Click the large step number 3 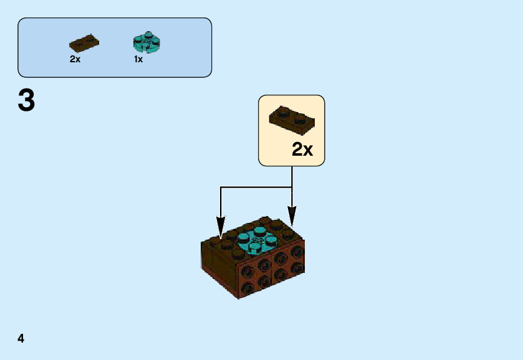coord(26,101)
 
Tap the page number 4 coord(21,338)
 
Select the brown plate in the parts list coord(84,44)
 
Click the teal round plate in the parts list coord(146,42)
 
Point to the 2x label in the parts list coord(75,60)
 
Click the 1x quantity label coord(138,60)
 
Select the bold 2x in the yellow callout coord(302,150)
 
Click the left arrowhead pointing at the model coord(220,225)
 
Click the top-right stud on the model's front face coord(297,252)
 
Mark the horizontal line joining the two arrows coord(256,186)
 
